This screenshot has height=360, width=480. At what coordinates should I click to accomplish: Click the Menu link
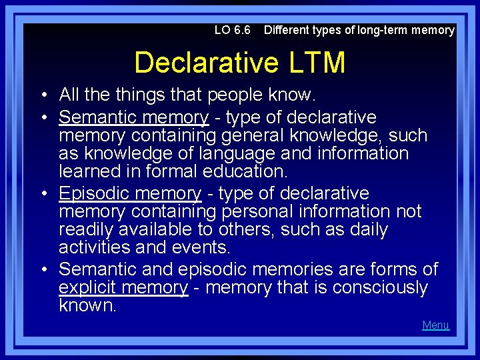435,325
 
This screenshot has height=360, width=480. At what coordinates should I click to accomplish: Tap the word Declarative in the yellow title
206,63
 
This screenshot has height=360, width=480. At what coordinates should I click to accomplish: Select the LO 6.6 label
233,30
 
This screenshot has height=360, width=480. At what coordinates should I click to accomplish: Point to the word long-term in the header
383,30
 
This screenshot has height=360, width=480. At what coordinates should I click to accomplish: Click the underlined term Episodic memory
129,193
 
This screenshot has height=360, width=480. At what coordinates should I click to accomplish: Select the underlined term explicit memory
123,287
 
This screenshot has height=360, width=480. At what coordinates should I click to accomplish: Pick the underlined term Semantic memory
133,117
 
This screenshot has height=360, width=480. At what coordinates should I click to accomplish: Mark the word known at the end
86,305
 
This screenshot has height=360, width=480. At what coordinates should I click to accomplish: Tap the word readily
88,229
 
